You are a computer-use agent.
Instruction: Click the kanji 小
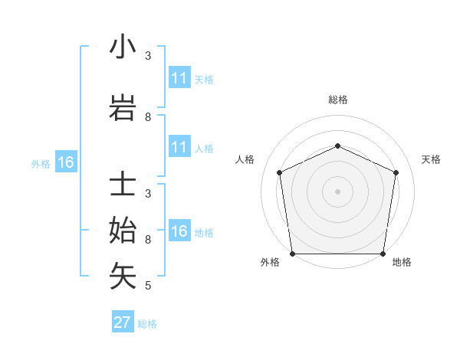pos(123,47)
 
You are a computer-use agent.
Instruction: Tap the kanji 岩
pos(123,110)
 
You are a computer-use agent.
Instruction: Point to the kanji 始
pos(123,231)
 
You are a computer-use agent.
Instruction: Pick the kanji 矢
pos(123,276)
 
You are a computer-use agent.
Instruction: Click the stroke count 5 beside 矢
pos(148,286)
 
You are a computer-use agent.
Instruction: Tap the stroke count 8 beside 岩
pos(148,117)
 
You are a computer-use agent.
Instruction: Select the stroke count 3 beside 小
pos(148,56)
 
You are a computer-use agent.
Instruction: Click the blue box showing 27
pos(123,322)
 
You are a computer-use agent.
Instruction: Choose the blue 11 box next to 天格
pos(179,78)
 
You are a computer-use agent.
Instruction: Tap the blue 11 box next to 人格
pos(179,147)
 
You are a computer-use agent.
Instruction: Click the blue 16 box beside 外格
pos(66,162)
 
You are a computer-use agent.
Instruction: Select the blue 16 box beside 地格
pos(179,231)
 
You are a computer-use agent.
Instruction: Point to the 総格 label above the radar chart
pos(338,100)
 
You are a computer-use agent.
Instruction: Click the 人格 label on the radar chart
pos(245,159)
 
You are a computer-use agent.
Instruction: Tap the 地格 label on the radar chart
pos(402,262)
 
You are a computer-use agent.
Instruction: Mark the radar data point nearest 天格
pos(396,172)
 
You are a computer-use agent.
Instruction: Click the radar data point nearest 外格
pos(292,254)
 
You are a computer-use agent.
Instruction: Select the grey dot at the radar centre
pos(338,191)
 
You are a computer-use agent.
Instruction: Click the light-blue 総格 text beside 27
pos(147,324)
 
